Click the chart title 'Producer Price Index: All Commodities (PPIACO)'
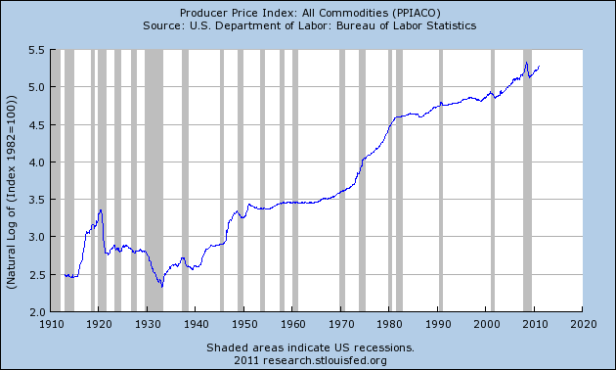(x=308, y=11)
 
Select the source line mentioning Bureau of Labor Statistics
(x=308, y=24)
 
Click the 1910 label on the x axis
(x=51, y=323)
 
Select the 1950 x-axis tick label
(x=244, y=323)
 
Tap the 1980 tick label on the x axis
(x=389, y=323)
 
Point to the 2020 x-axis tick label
(x=583, y=323)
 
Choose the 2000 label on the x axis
(x=486, y=323)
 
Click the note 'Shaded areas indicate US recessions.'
(x=308, y=347)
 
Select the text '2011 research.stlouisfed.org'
(x=308, y=359)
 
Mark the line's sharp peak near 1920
(x=100, y=209)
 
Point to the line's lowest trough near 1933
(x=161, y=286)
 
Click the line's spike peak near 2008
(x=526, y=64)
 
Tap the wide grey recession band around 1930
(x=154, y=180)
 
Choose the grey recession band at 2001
(x=493, y=180)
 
